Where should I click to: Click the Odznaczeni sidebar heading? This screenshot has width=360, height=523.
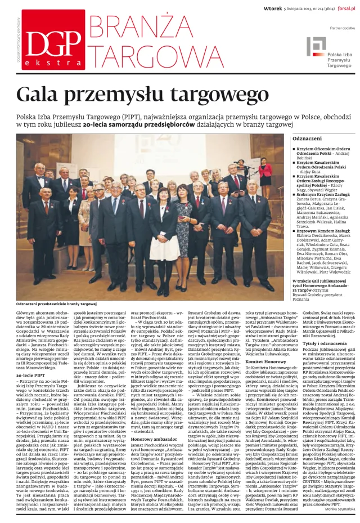click(x=292, y=138)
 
